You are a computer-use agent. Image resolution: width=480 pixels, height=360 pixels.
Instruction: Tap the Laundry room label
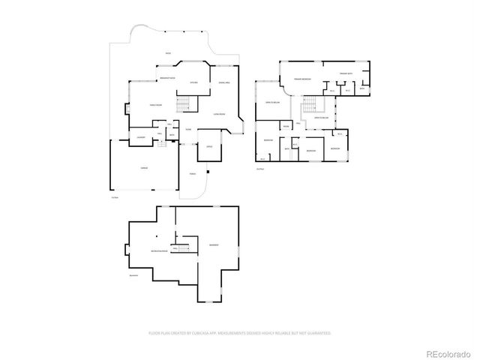pos(140,137)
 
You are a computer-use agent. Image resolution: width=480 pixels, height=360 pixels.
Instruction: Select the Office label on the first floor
pos(208,147)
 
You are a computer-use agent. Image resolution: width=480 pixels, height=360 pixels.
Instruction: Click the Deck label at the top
pos(168,54)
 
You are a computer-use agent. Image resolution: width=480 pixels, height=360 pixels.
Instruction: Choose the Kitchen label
pos(193,82)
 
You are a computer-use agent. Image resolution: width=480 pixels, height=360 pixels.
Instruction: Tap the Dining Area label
pos(223,82)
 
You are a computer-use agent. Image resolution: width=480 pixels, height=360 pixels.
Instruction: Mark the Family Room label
pos(156,106)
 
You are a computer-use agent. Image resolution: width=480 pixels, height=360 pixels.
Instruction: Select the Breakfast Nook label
pos(166,79)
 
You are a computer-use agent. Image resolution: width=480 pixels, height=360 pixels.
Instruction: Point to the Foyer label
pos(188,130)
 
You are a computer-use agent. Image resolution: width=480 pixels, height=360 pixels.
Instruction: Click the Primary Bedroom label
pos(302,78)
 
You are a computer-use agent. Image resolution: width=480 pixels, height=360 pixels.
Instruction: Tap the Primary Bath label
pos(345,73)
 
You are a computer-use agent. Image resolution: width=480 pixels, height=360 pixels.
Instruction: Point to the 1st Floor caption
pos(114,196)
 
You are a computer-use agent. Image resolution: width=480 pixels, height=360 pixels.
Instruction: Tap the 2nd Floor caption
pos(259,169)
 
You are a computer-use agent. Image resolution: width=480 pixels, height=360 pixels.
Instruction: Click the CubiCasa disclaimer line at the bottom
pos(240,331)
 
